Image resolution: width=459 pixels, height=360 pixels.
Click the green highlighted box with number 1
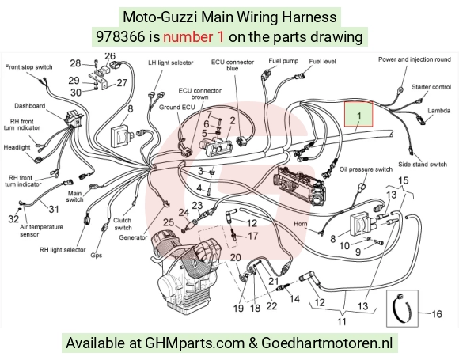[358, 114]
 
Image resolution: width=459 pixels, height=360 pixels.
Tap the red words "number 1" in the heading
[194, 37]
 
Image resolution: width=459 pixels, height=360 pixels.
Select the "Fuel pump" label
[283, 61]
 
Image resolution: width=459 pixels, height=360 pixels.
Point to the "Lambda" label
[438, 111]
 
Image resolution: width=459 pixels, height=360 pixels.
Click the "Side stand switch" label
[423, 165]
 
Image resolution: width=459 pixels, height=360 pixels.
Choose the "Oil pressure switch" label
[366, 169]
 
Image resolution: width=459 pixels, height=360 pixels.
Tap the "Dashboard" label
[30, 106]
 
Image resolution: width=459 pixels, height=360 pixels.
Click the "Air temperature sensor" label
[41, 230]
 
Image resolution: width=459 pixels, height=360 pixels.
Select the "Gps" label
[97, 256]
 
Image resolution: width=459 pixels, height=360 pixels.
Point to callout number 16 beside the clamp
[437, 314]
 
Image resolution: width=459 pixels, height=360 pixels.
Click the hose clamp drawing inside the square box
[402, 307]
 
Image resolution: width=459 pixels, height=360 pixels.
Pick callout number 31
[54, 209]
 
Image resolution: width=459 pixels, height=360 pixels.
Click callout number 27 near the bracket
[122, 83]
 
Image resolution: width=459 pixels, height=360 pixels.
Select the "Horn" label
[301, 224]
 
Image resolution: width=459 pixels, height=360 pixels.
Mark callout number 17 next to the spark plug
[253, 236]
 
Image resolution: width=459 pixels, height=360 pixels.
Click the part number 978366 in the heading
[120, 37]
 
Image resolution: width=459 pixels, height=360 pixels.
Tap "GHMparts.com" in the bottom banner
[195, 343]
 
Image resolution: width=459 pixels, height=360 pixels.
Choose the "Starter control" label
[431, 87]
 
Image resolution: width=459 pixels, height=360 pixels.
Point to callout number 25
[169, 222]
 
